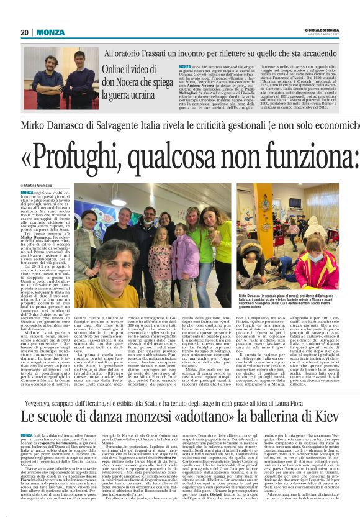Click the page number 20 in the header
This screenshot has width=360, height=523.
25,32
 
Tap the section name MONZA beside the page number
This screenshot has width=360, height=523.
50,32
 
